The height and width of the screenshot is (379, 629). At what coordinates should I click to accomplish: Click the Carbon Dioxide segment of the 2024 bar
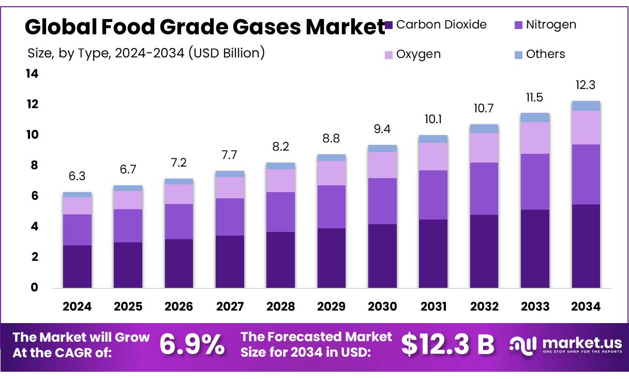(x=77, y=266)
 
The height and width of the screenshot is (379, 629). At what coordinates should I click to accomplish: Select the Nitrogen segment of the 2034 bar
(x=586, y=174)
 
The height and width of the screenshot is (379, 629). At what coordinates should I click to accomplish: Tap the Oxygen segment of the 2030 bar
(x=382, y=165)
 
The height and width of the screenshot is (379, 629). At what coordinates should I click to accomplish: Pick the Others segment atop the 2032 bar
(x=484, y=128)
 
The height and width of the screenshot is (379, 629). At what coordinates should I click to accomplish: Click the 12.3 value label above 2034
(x=586, y=85)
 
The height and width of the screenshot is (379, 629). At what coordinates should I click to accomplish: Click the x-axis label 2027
(x=230, y=307)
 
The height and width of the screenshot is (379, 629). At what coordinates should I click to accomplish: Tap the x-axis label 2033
(x=535, y=307)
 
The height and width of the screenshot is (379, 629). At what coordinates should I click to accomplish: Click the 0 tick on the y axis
(x=35, y=287)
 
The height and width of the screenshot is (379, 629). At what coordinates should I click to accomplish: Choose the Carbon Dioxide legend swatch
(x=389, y=24)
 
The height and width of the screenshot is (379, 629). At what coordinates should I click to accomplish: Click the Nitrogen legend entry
(x=550, y=24)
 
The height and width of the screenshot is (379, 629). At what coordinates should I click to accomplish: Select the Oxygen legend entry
(x=418, y=54)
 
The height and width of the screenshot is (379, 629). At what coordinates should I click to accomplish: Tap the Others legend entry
(x=545, y=54)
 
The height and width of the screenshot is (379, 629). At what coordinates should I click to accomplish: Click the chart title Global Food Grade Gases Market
(x=205, y=27)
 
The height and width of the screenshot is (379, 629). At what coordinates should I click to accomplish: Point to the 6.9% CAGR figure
(x=192, y=345)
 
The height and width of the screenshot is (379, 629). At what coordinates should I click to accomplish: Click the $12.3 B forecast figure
(x=448, y=345)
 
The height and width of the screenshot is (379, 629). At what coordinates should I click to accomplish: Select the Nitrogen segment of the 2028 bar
(x=280, y=212)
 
